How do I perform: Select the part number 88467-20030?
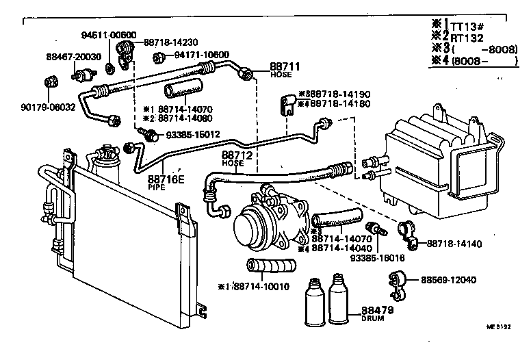[x=73, y=57]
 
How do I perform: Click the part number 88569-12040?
[x=448, y=281]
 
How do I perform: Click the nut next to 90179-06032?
[x=49, y=83]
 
